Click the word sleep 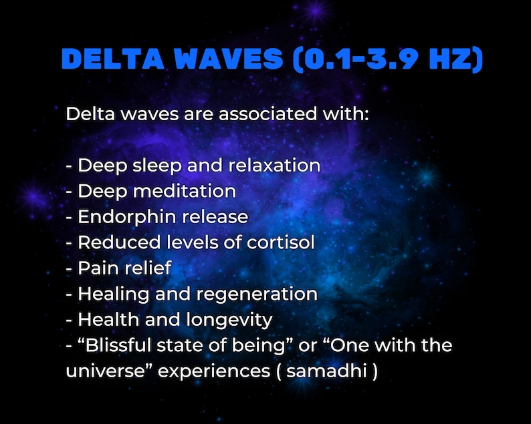(152, 165)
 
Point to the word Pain (97, 268)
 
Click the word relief (148, 268)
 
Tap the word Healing (110, 294)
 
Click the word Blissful (122, 345)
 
